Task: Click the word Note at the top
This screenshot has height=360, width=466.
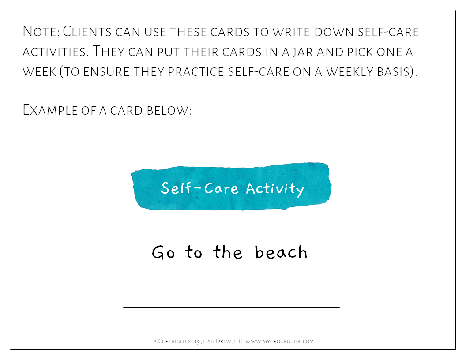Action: click(41, 31)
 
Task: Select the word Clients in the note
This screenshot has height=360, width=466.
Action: click(87, 31)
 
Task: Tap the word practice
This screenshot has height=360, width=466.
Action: click(195, 72)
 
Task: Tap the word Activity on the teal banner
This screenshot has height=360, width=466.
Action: click(275, 189)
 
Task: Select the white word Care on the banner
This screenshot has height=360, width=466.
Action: click(221, 188)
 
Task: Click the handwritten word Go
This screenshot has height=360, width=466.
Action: click(163, 252)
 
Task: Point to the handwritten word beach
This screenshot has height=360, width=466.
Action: click(281, 252)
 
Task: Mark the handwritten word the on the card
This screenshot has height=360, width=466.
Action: click(228, 252)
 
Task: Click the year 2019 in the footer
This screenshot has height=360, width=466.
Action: click(194, 341)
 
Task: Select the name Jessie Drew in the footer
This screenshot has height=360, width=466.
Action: click(215, 341)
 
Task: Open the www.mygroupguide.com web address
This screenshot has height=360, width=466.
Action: click(279, 341)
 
